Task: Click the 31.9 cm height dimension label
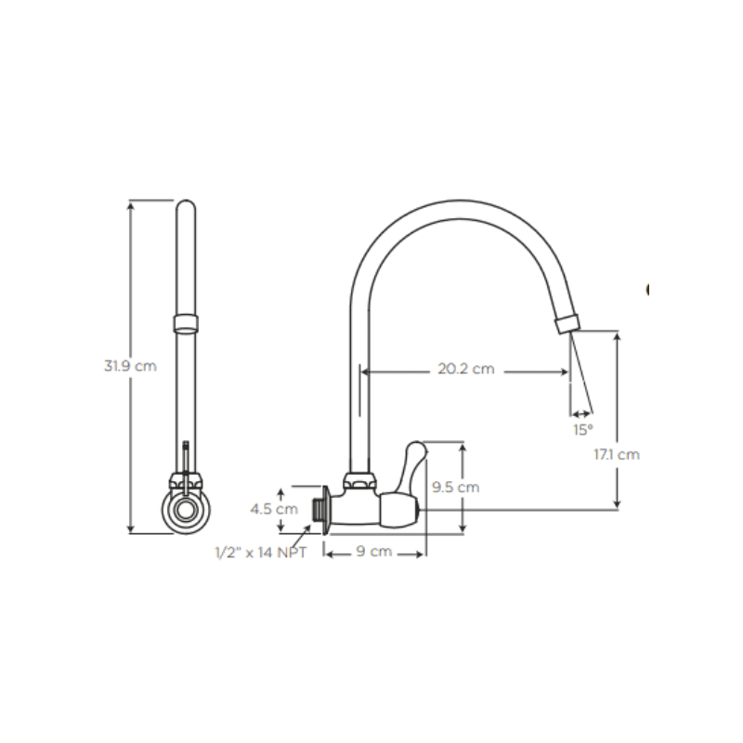(130, 366)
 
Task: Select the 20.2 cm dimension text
(465, 370)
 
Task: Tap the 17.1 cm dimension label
(617, 454)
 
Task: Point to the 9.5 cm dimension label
(455, 487)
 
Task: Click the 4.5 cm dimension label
(274, 509)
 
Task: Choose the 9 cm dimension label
(374, 552)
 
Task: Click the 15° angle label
(582, 430)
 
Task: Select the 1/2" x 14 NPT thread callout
(261, 552)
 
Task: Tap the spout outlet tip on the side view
(565, 324)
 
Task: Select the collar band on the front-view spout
(186, 323)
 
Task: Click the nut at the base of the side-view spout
(358, 482)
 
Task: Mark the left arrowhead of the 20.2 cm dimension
(364, 373)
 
